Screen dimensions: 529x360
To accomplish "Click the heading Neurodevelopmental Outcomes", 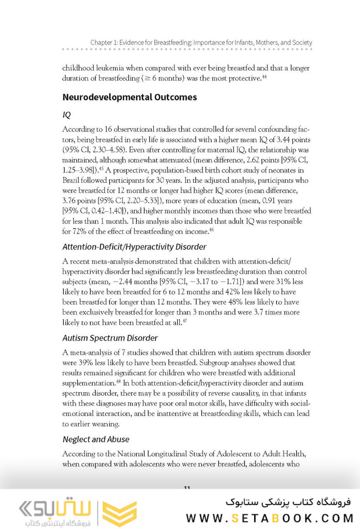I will click(x=129, y=97).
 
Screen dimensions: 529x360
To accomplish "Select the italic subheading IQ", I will click(x=67, y=115).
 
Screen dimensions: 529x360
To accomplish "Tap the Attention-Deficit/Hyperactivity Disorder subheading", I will click(x=134, y=246).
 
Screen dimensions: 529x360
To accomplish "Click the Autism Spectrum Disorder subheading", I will click(x=110, y=338).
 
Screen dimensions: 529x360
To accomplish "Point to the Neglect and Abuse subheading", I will click(x=96, y=439).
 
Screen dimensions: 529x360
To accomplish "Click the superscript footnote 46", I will click(x=212, y=229).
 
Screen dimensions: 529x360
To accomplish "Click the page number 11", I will click(x=187, y=488).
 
